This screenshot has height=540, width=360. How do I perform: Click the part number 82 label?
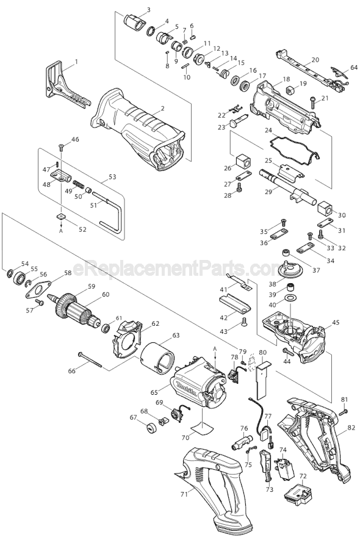[x=351, y=428]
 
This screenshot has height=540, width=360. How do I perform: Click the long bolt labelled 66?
[x=90, y=360]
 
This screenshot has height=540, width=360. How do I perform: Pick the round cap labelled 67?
[x=151, y=429]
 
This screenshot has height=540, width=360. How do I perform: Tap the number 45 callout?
[x=336, y=323]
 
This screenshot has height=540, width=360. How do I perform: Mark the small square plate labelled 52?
[x=61, y=217]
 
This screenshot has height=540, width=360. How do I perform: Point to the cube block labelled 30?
[x=325, y=207]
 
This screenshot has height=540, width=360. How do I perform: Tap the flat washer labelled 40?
[x=291, y=297]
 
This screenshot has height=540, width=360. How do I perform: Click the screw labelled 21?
[x=313, y=103]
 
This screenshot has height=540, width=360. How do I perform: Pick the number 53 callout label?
[x=112, y=177]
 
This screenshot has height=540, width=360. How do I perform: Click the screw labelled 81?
[x=344, y=412]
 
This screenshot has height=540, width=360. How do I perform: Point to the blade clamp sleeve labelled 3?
[x=135, y=23]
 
